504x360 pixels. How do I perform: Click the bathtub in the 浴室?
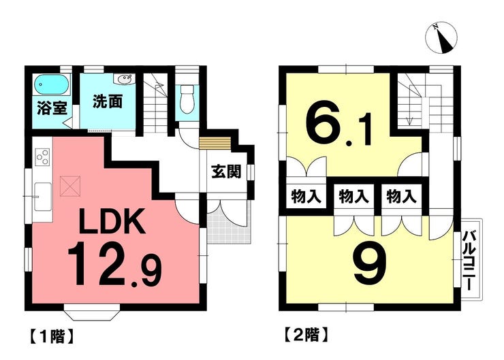point(52,84)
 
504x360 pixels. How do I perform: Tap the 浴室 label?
point(52,108)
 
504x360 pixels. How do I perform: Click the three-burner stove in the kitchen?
point(42,157)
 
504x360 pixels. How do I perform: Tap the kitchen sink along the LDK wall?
point(43,197)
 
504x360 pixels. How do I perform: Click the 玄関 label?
point(226,172)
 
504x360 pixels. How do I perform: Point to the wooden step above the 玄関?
point(215,143)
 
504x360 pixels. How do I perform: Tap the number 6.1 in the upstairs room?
point(338,127)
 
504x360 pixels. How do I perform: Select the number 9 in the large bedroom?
point(370,263)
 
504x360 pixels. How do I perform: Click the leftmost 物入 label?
point(306,196)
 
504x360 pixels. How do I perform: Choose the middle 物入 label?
point(354,196)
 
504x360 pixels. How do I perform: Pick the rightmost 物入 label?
point(401,196)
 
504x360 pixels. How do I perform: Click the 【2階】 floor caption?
point(307,336)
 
